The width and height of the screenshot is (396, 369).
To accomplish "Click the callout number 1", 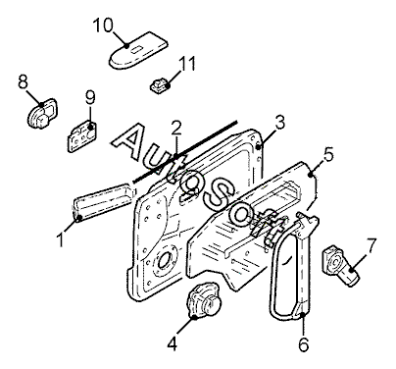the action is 61,239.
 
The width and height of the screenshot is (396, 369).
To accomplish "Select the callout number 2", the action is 176,129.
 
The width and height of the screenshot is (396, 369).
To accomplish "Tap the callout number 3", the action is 279,123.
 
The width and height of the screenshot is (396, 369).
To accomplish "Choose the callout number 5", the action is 328,154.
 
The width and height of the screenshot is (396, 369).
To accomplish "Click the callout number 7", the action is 371,246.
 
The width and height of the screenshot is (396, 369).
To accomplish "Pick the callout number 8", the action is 24,81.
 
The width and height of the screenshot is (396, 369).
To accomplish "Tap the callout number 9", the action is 90,97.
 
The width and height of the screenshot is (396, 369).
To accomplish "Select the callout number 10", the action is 103,26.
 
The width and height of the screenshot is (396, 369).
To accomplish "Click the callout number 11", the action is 187,64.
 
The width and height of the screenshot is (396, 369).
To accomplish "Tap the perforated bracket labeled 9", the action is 82,136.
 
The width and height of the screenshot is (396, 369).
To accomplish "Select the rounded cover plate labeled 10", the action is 138,50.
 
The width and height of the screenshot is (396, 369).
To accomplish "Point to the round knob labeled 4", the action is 203,300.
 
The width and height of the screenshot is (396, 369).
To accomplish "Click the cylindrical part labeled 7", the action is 341,266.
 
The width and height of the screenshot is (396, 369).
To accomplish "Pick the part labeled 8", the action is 41,114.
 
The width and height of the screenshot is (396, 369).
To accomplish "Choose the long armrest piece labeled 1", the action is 103,203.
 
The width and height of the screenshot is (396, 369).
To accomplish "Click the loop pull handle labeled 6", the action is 293,266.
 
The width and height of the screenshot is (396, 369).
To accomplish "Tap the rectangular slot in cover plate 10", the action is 135,49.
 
